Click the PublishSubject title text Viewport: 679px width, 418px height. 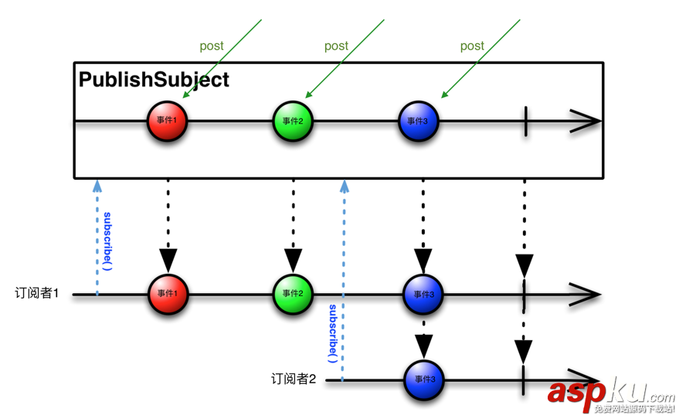click(x=154, y=79)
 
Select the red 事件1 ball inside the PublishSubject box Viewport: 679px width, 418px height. click(x=168, y=121)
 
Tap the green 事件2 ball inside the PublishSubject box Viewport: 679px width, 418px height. click(x=293, y=121)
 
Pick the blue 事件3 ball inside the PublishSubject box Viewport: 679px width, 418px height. click(x=419, y=121)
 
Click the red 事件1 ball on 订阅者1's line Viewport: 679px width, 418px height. click(x=168, y=294)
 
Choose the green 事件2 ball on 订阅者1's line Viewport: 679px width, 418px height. click(x=293, y=294)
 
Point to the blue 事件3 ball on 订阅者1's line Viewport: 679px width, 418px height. click(x=423, y=294)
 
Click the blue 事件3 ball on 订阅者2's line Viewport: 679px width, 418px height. click(x=423, y=379)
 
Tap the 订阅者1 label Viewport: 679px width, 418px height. click(x=36, y=294)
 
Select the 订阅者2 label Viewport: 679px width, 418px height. click(x=294, y=379)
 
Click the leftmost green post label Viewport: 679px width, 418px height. click(x=212, y=46)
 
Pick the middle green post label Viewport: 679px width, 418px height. click(x=336, y=46)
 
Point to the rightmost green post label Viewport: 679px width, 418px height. click(x=472, y=46)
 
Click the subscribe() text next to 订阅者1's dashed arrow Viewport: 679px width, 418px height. click(x=107, y=241)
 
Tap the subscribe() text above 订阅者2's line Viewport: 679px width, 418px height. click(x=332, y=333)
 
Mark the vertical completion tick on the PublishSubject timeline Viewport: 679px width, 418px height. click(x=525, y=121)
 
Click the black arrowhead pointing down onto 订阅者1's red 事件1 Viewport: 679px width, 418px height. click(x=168, y=260)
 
